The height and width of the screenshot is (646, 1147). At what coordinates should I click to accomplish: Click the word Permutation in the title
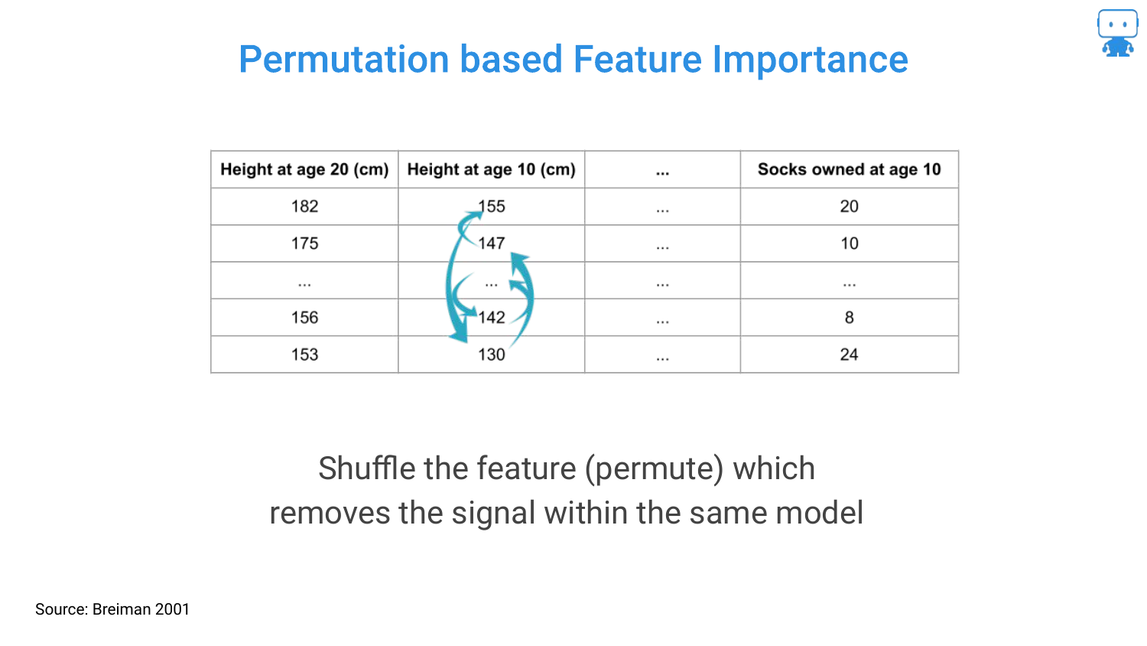(x=343, y=60)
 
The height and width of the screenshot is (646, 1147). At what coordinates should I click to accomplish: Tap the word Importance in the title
(x=810, y=60)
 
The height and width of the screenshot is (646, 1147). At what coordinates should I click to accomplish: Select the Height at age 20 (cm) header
(x=304, y=169)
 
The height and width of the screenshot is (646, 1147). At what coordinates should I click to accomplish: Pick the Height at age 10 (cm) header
(x=492, y=169)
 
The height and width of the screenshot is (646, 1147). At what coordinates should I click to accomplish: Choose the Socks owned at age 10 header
(x=850, y=169)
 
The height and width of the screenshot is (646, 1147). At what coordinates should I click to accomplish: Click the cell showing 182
(x=304, y=206)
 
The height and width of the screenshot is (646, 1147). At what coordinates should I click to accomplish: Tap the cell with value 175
(x=304, y=243)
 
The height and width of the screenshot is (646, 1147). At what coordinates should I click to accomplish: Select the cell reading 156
(x=304, y=318)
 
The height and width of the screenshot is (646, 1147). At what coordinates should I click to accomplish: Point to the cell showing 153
(x=304, y=354)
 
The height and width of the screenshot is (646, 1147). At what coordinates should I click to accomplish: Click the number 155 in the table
(x=492, y=206)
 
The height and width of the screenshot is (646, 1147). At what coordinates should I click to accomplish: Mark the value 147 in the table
(x=492, y=243)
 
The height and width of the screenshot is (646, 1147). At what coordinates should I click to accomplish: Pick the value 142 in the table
(x=492, y=318)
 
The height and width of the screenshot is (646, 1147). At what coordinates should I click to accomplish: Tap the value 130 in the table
(x=492, y=354)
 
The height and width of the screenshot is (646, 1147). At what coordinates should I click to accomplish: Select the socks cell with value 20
(x=849, y=206)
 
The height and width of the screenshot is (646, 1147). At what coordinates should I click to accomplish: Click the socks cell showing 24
(x=849, y=354)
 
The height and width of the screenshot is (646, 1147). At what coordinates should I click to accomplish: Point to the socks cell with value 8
(x=849, y=318)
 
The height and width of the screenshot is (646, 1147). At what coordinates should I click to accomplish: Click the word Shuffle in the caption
(x=366, y=468)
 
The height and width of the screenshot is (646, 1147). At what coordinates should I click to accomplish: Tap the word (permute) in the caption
(x=654, y=469)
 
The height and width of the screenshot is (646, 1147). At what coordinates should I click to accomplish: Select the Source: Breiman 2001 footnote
(x=112, y=609)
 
